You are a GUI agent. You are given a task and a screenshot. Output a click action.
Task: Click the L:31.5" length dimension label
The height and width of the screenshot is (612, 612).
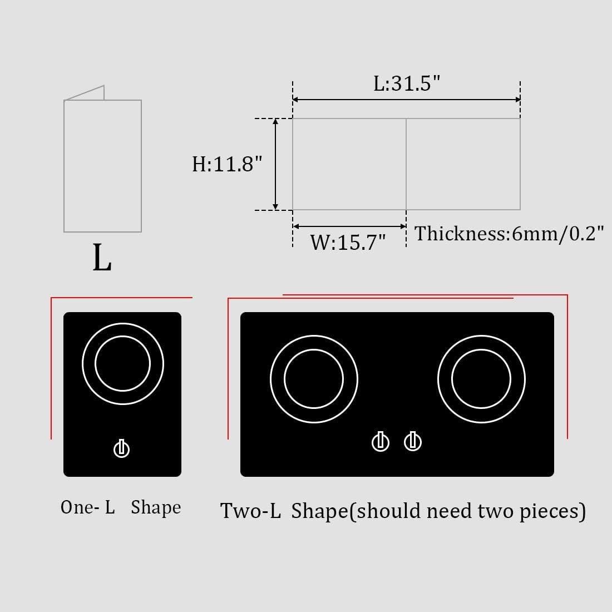(x=407, y=83)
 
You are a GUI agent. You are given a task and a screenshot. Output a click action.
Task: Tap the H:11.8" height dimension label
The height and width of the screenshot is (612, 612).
(x=226, y=164)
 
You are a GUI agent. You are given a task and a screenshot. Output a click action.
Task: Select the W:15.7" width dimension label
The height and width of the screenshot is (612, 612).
(x=348, y=243)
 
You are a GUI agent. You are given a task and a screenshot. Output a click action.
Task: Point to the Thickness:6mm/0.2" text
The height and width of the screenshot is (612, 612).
(x=509, y=234)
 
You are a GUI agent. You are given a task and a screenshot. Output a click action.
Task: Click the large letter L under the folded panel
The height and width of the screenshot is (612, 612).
(x=102, y=258)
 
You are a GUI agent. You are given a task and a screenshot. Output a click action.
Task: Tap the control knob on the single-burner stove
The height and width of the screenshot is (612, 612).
(x=121, y=448)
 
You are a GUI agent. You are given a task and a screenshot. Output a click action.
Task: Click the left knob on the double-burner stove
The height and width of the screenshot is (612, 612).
(x=381, y=442)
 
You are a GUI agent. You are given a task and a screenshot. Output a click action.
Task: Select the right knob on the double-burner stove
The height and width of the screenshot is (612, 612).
(x=412, y=442)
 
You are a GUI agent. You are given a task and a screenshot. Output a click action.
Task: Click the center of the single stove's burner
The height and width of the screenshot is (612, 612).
(x=122, y=364)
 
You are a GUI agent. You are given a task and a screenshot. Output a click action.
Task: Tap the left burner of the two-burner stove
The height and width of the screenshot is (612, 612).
(x=314, y=379)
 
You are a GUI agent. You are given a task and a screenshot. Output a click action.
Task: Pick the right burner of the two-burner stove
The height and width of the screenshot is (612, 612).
(x=481, y=379)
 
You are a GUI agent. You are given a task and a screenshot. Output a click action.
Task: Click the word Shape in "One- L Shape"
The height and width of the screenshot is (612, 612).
(x=156, y=507)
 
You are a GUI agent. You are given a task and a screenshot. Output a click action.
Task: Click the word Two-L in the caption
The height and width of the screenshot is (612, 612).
(x=250, y=511)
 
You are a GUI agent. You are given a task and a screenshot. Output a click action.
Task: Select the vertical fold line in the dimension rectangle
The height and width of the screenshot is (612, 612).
(x=406, y=164)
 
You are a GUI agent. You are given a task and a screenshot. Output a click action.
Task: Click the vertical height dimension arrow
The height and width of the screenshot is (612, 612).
(x=275, y=164)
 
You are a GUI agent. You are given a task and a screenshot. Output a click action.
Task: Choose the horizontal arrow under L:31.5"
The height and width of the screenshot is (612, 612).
(x=407, y=100)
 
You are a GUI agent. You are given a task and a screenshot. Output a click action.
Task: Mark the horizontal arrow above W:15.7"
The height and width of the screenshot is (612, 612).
(x=349, y=226)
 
